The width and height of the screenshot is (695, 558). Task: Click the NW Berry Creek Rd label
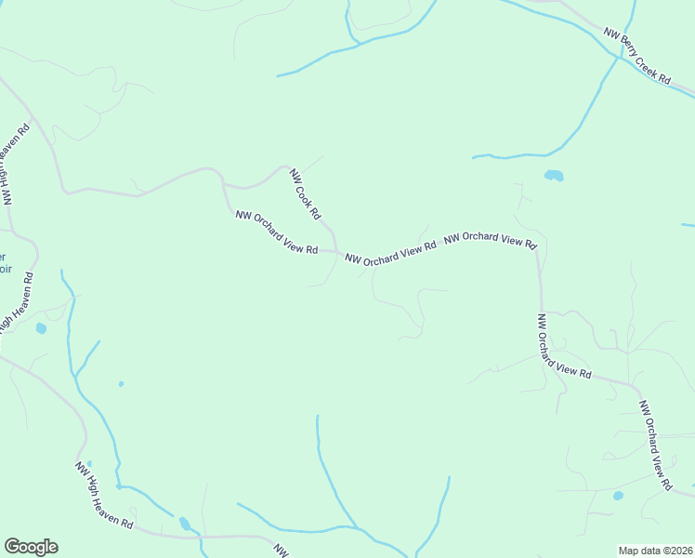coord(636,57)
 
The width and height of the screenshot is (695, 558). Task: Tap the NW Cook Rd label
coord(305,194)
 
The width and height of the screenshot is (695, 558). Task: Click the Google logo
coord(31,547)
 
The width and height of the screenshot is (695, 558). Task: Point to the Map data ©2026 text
coord(654,551)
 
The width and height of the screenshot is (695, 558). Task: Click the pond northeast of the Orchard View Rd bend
coord(554,175)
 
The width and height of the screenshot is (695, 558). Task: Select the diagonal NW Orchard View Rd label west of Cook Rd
coord(276,232)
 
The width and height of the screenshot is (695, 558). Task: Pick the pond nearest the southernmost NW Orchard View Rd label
coord(618,496)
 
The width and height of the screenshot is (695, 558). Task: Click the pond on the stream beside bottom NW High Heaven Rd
coord(184,524)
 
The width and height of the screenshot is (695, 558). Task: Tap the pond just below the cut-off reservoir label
coord(41,328)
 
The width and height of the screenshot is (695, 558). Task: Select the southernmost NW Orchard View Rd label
coord(655,445)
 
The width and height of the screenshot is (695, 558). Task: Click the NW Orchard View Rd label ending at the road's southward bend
coord(490,240)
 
